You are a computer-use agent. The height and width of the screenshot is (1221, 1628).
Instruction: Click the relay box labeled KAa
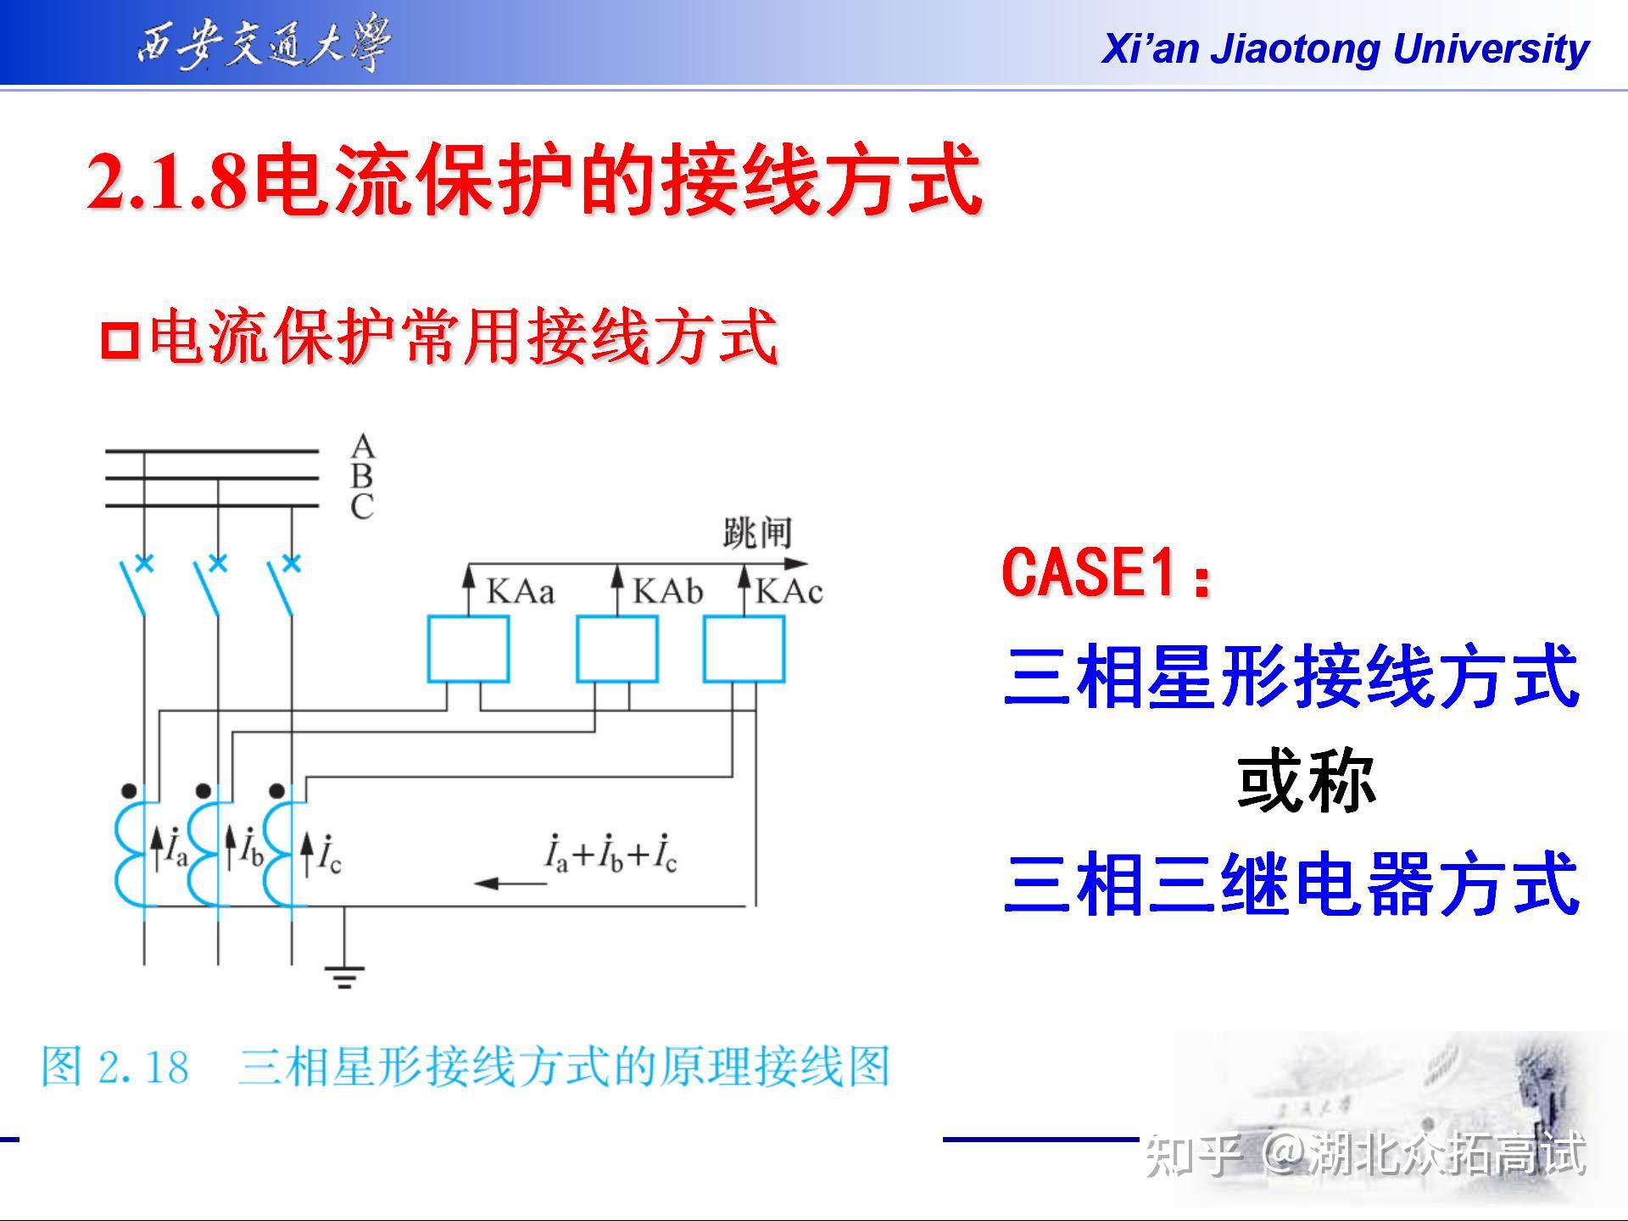468,650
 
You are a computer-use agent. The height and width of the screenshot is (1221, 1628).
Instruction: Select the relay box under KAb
617,650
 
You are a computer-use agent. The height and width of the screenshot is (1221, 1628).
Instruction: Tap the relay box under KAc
744,650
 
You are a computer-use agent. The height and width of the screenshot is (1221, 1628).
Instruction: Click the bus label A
362,446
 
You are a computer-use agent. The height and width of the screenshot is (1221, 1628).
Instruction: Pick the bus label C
362,507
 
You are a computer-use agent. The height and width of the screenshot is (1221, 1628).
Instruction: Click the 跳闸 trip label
757,533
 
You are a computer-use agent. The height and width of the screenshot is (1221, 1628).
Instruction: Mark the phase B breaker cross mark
218,563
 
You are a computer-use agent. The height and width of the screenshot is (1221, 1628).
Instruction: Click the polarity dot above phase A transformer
129,791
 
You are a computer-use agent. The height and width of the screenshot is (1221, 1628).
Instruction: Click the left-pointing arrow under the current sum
510,884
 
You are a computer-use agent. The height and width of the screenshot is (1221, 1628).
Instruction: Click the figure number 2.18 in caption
143,1067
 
